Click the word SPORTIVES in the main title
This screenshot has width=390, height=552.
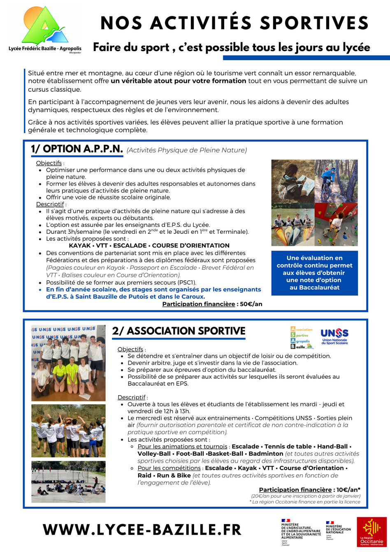(x=314, y=23)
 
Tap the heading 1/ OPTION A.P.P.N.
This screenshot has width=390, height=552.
(x=77, y=149)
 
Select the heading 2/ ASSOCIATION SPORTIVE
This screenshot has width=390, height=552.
(x=179, y=331)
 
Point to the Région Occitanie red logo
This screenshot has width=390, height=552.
(x=371, y=531)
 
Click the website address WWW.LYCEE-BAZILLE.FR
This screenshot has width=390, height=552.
(x=142, y=529)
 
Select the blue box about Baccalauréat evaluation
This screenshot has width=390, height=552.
(x=314, y=273)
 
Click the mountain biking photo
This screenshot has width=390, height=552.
(x=336, y=181)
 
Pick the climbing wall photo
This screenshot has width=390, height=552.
(x=336, y=224)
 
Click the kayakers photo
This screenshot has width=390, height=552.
(x=293, y=224)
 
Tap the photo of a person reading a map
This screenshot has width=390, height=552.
(x=293, y=181)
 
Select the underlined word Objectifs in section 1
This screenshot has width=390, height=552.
(x=49, y=163)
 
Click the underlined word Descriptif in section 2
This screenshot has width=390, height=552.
(x=131, y=397)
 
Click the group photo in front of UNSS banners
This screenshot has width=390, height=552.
(x=68, y=363)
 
